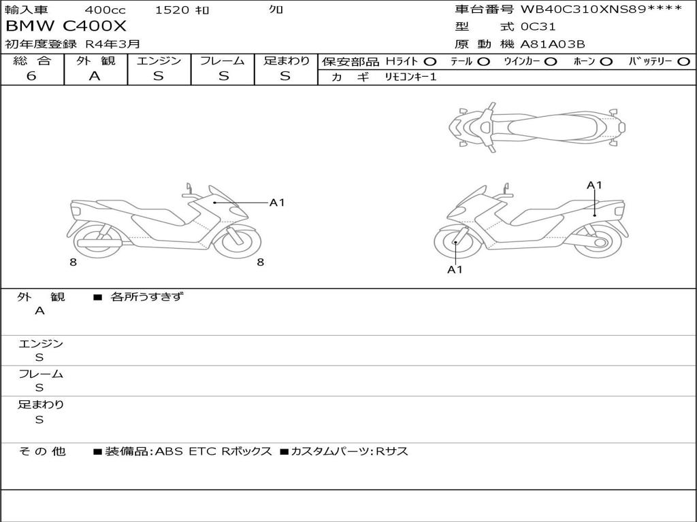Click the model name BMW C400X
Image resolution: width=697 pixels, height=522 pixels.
click(66, 27)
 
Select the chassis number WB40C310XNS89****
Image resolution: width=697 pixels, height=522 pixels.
click(601, 9)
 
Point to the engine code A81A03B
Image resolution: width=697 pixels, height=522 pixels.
click(553, 44)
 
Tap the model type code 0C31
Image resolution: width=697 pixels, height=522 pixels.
click(538, 27)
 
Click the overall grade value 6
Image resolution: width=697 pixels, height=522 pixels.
click(31, 76)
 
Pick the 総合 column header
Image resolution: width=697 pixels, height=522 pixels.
click(32, 60)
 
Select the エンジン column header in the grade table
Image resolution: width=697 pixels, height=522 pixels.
click(159, 60)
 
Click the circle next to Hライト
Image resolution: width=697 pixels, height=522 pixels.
click(430, 62)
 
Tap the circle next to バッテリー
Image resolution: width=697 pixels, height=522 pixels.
click(683, 62)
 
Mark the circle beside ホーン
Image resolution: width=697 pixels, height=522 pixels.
click(606, 62)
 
